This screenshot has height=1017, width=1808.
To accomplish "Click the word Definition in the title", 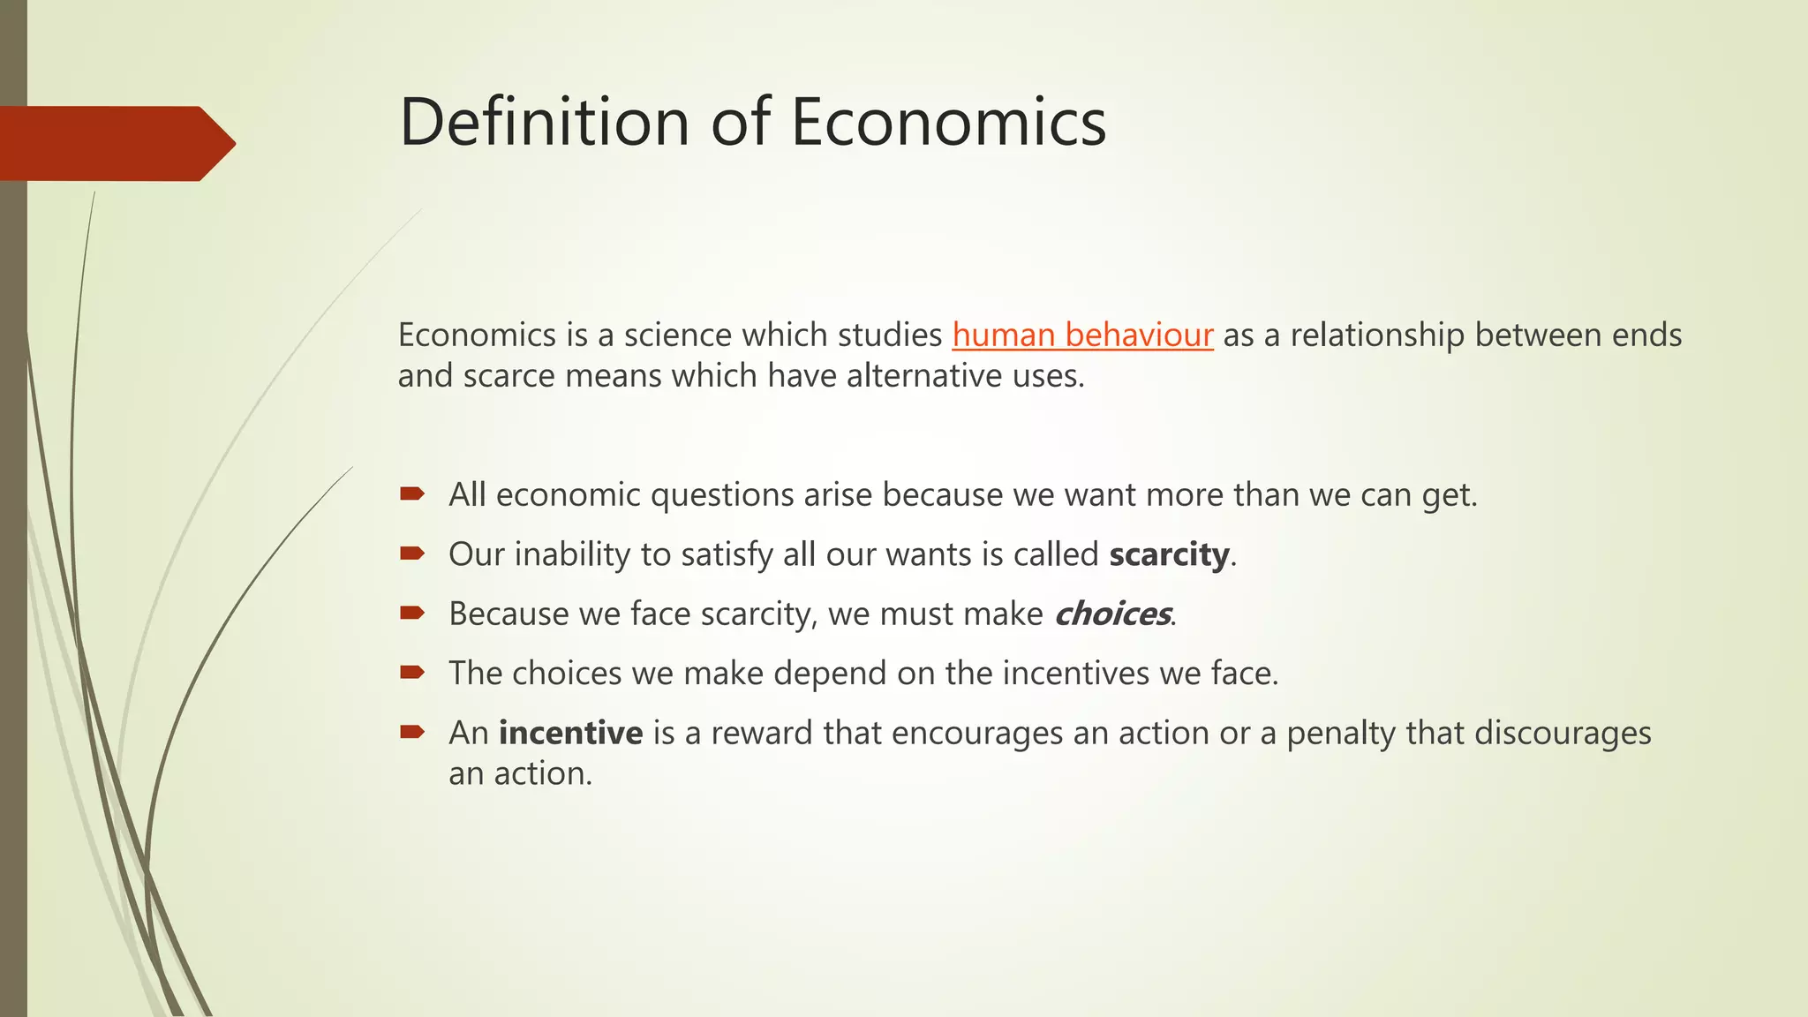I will (544, 122).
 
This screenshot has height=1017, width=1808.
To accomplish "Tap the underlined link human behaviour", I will (1082, 335).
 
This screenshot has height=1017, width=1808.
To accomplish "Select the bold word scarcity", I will (1169, 554).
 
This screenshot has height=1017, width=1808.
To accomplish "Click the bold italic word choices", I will (1112, 614).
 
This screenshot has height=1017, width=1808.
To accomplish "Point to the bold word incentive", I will (570, 733).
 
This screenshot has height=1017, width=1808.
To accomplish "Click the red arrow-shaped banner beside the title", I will (115, 143).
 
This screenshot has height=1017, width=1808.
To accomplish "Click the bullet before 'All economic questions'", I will (411, 493).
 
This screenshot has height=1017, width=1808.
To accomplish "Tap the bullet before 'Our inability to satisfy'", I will (411, 554).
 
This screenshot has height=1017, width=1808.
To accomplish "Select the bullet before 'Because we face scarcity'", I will (411, 613).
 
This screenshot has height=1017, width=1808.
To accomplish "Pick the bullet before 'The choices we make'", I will (411, 673).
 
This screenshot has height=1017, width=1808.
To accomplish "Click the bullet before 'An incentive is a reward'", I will (411, 732).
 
